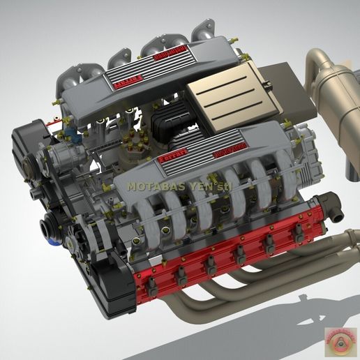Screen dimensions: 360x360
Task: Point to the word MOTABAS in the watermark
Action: click(x=153, y=187)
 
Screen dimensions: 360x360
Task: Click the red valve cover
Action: click(x=230, y=251)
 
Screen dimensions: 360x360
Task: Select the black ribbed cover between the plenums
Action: click(x=171, y=124)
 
